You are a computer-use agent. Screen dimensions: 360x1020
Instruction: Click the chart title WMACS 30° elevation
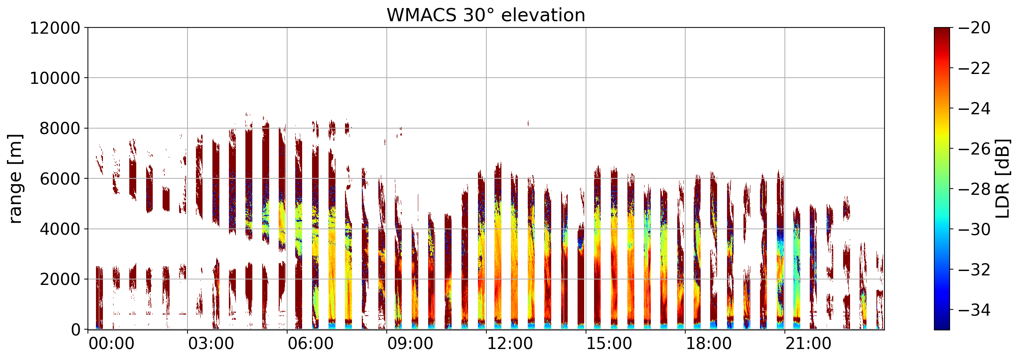[x=486, y=15]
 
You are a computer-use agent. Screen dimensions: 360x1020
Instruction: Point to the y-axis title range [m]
[x=15, y=179]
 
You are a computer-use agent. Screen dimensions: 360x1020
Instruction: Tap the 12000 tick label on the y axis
[x=55, y=28]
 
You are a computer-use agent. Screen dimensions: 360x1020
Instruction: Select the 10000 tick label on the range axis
[x=55, y=78]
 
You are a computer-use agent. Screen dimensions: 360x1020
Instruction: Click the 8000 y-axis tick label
[x=60, y=129]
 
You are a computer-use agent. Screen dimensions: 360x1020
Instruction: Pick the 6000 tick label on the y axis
[x=60, y=179]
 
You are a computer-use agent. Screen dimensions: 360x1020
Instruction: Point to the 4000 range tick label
[x=60, y=229]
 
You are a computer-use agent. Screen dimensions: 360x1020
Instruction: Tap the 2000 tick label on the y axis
[x=60, y=279]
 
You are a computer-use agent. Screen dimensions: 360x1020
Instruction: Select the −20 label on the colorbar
[x=975, y=28]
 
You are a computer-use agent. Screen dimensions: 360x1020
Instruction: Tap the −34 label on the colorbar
[x=975, y=310]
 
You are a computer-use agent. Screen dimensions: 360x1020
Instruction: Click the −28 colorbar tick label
[x=975, y=189]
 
